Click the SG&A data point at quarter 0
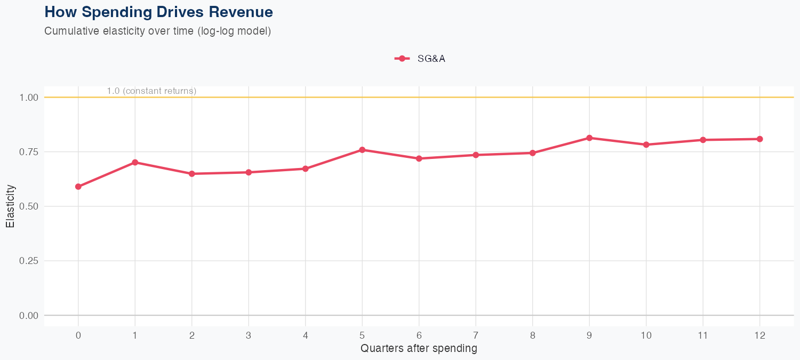(x=78, y=187)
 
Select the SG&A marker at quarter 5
(x=362, y=150)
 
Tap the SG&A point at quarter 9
(x=589, y=138)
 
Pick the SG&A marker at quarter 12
(x=759, y=139)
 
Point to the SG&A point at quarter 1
(x=135, y=162)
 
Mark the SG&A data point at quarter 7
(x=476, y=155)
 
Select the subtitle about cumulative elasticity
(x=158, y=31)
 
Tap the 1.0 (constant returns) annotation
(x=151, y=91)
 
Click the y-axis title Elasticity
(x=10, y=206)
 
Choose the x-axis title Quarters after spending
(x=419, y=349)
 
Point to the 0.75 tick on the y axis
(x=29, y=152)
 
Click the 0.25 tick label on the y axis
(x=29, y=261)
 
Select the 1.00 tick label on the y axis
(x=29, y=98)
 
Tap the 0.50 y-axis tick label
(x=29, y=206)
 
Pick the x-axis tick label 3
(x=249, y=335)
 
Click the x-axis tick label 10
(x=646, y=335)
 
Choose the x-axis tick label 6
(x=419, y=335)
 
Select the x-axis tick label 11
(x=703, y=335)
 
